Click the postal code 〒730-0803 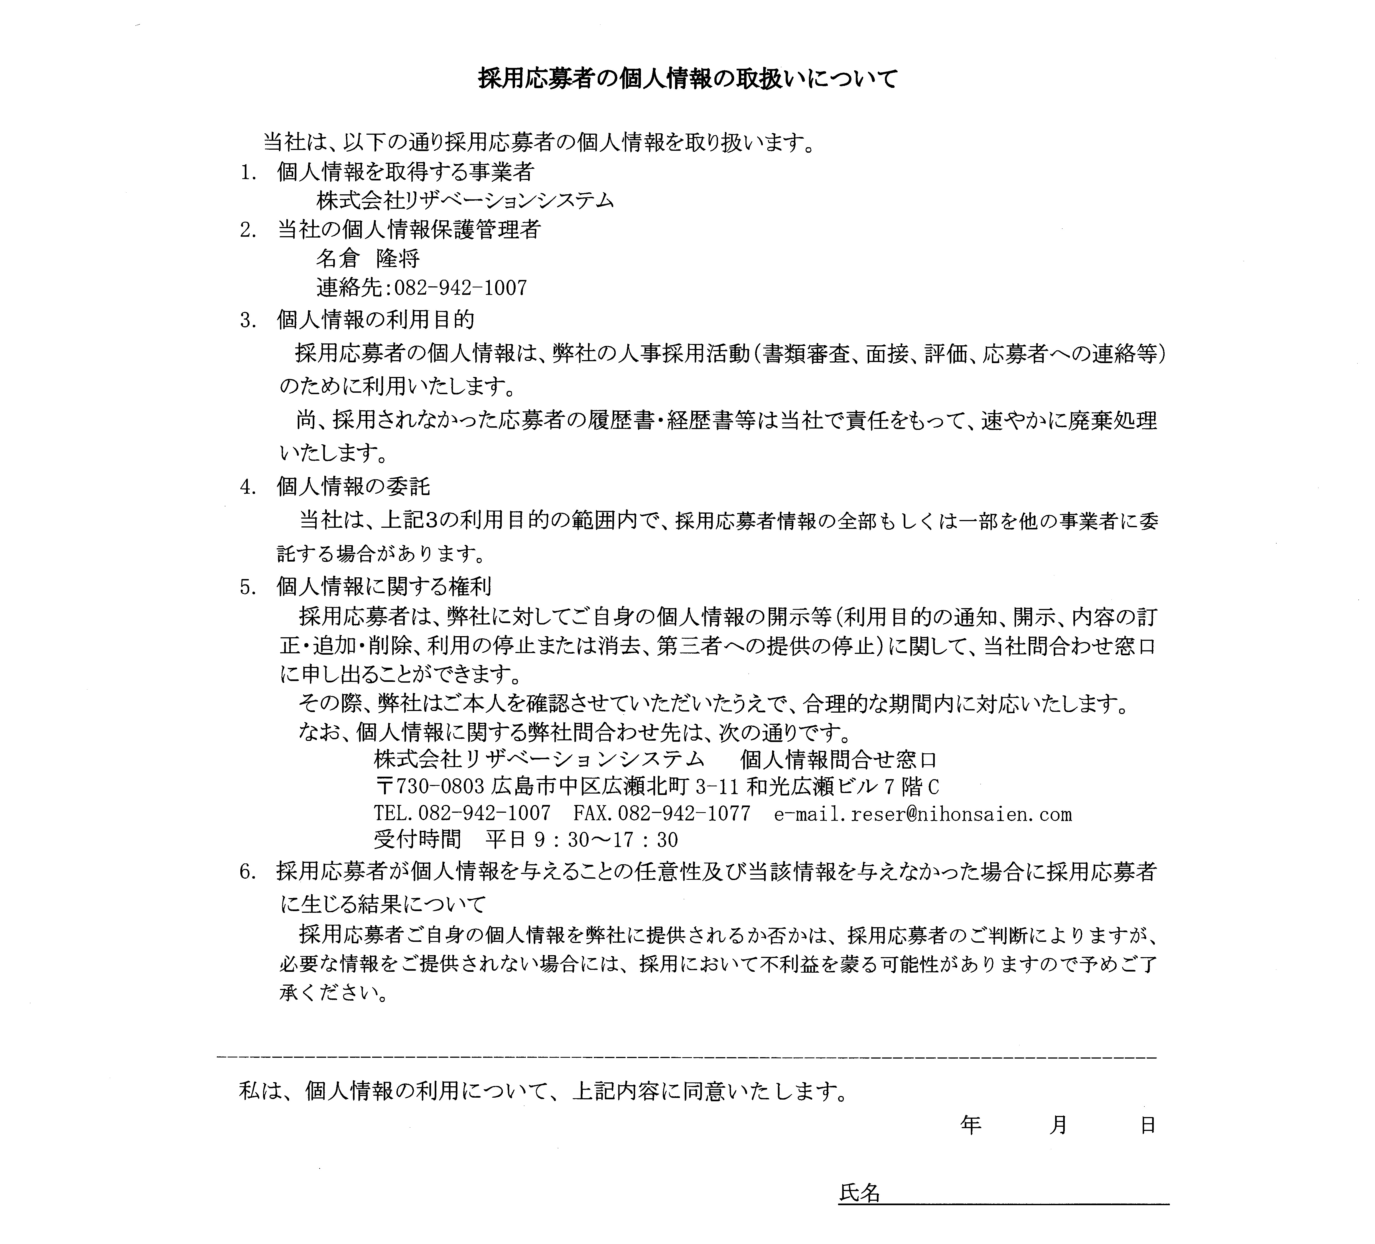tap(431, 787)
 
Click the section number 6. tap(247, 872)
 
